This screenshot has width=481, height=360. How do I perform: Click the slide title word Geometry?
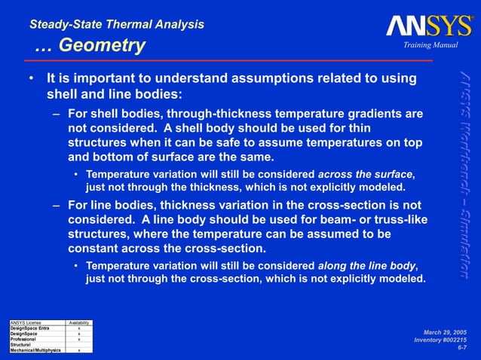102,47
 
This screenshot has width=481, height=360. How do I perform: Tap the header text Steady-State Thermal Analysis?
116,24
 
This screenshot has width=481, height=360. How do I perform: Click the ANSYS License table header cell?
23,324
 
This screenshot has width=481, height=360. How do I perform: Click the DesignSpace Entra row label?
29,329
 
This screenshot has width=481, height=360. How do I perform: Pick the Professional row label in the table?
23,340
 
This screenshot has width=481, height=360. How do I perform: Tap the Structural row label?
20,345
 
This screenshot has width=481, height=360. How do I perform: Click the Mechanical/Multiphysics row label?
35,350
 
